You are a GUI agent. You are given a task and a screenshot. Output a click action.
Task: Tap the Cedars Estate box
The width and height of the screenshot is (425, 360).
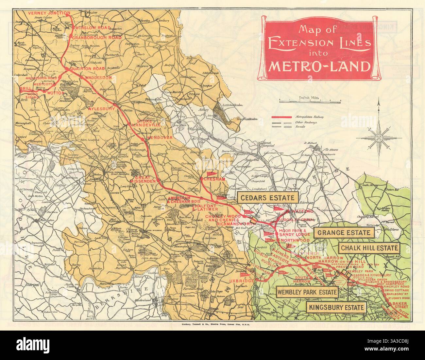268,197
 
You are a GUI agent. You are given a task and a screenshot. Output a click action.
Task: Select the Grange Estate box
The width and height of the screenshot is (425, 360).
344,233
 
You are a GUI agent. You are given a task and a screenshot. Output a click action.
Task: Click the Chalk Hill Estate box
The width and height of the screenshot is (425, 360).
369,248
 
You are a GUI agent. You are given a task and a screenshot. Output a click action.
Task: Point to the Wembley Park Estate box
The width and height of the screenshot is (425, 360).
307,292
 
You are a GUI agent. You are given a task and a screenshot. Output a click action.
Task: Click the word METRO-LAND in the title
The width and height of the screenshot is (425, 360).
319,66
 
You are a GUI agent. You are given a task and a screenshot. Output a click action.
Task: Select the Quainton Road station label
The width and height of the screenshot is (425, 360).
90,69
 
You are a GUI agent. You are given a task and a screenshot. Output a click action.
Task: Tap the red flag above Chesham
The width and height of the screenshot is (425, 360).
210,174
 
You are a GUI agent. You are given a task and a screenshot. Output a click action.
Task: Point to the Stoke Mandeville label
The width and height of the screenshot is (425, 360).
144,124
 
